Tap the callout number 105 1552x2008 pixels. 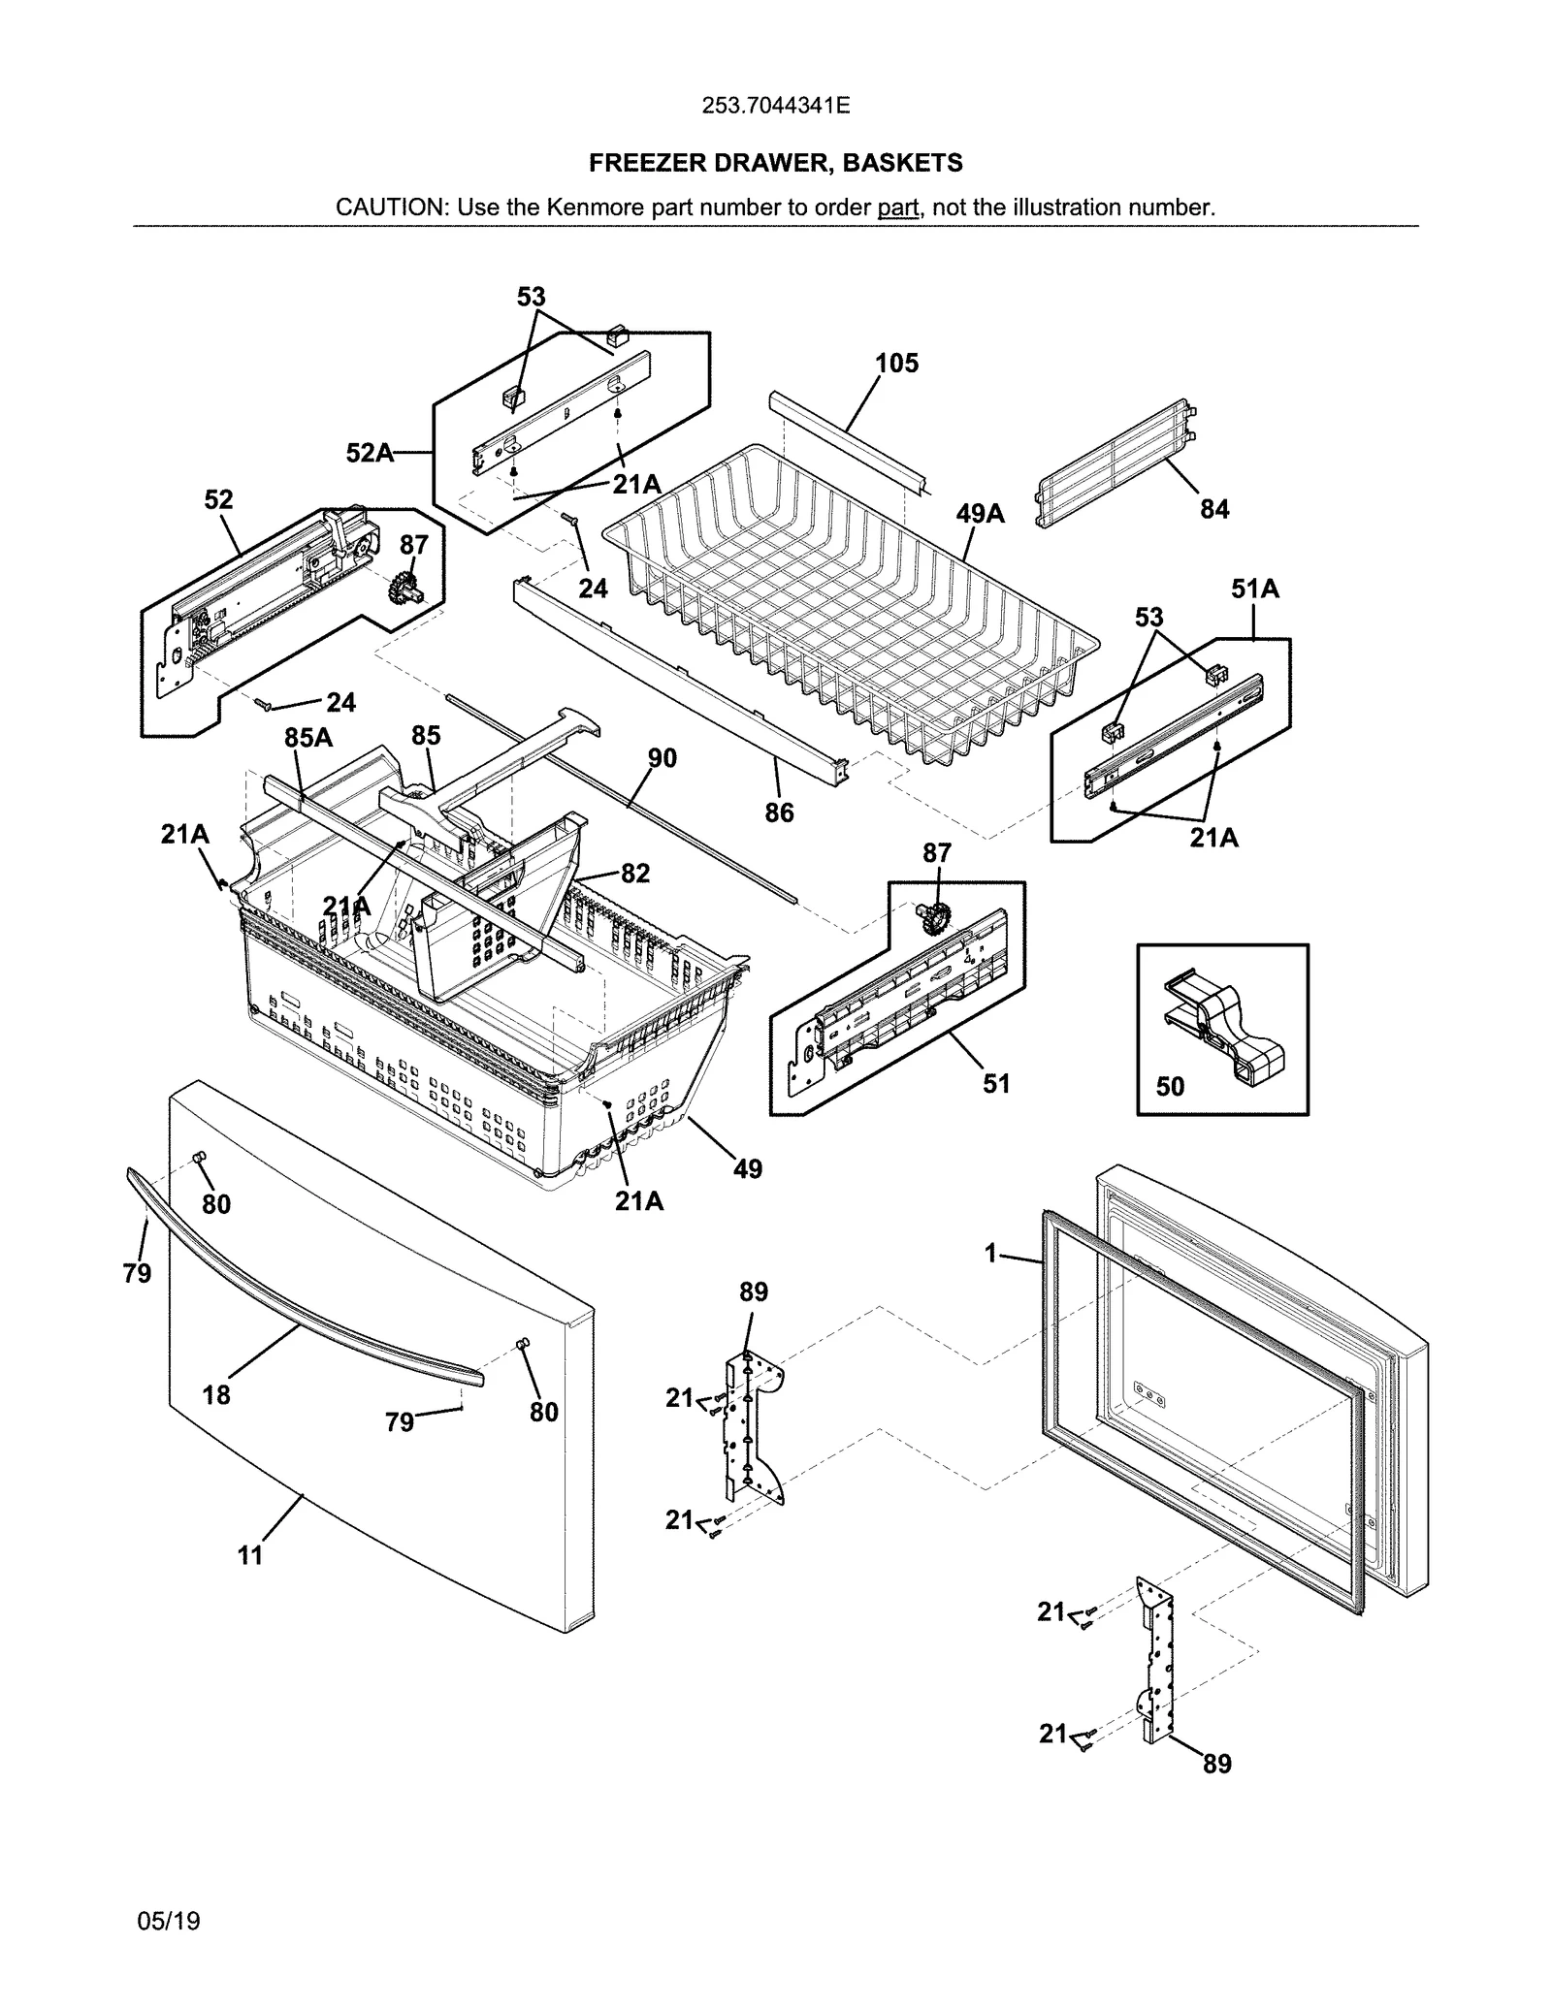[896, 364]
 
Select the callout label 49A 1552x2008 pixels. [980, 514]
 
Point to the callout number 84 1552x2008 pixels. [1214, 509]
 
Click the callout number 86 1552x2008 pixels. [779, 813]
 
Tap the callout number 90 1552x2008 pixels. [662, 758]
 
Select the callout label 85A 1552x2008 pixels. [307, 739]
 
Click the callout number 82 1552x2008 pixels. [635, 874]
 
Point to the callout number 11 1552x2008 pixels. [250, 1555]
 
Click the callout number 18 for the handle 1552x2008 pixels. [216, 1395]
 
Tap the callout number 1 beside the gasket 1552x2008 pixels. [990, 1255]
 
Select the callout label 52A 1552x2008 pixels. [370, 453]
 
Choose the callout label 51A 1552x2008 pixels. [1254, 589]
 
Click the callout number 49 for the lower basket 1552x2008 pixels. [747, 1169]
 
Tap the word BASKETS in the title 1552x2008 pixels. [902, 163]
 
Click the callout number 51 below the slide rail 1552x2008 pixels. [996, 1084]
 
